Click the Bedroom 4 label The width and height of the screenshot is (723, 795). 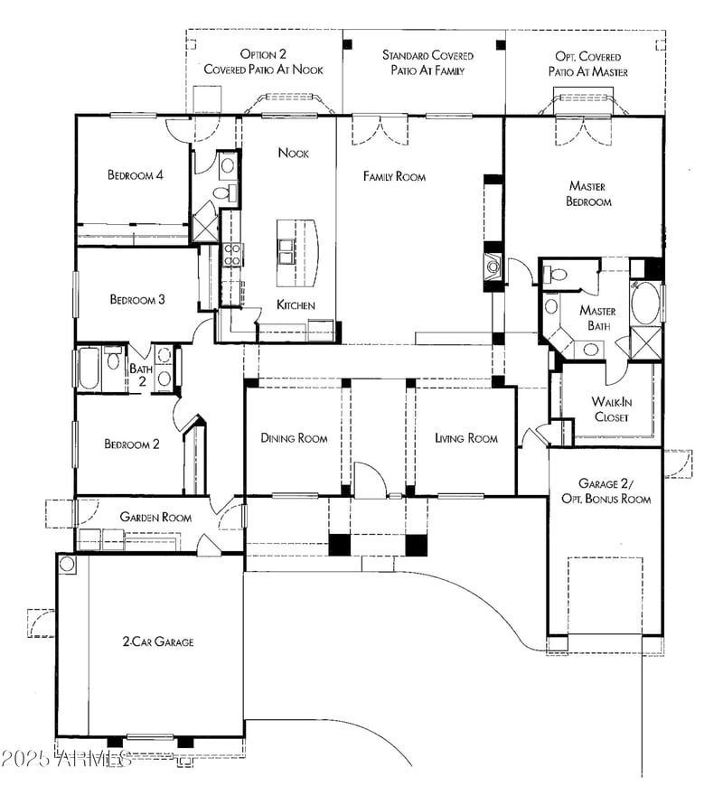click(135, 175)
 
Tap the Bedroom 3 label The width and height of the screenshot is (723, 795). click(136, 300)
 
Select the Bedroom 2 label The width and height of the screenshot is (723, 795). click(131, 444)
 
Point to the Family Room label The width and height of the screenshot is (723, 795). click(394, 176)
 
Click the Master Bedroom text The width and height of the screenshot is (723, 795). click(587, 194)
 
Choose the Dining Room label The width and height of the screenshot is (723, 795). click(294, 438)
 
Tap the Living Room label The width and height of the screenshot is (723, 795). click(465, 438)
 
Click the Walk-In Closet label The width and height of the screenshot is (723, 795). click(611, 409)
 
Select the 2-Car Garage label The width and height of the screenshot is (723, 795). click(158, 642)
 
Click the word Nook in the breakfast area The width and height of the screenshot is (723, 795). click(293, 154)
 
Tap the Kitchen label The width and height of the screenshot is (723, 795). click(296, 305)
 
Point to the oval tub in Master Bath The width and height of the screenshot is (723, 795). click(645, 304)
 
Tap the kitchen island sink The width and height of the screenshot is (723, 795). click(287, 252)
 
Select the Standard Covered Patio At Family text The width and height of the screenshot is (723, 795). click(427, 61)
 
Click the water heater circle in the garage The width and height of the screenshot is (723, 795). click(67, 564)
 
